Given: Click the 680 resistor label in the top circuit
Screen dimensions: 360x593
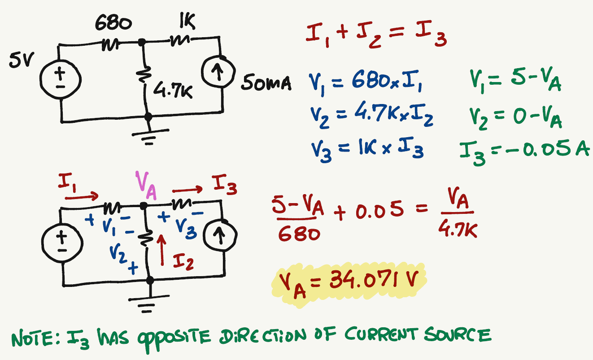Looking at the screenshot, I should tap(113, 24).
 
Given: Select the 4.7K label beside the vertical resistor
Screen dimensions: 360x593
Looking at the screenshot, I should tap(172, 92).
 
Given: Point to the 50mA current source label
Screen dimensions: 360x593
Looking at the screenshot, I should tap(266, 83).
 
